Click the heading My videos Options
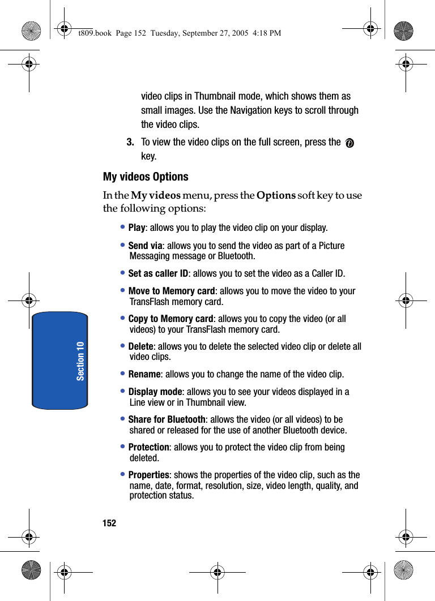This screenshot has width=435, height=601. tap(146, 177)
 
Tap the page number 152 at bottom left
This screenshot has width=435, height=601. tap(109, 523)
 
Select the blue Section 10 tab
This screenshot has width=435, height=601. tap(60, 360)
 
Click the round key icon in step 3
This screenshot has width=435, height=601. tap(349, 144)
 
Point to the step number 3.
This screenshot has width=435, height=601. tap(130, 142)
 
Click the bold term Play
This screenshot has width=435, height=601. tap(137, 228)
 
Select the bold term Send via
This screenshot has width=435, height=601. tap(145, 246)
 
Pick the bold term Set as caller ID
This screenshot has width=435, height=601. tap(158, 274)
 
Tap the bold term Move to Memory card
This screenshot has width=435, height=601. tap(172, 291)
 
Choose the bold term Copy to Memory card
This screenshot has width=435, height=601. tap(170, 319)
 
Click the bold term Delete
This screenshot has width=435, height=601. tap(140, 347)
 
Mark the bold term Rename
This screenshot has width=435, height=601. tap(144, 375)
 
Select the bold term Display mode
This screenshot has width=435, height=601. tap(155, 392)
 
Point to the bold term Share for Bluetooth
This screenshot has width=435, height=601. tap(167, 420)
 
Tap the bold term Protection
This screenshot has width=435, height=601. tap(148, 448)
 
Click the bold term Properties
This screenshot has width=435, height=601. tap(148, 475)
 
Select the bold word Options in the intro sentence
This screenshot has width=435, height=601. tap(276, 196)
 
